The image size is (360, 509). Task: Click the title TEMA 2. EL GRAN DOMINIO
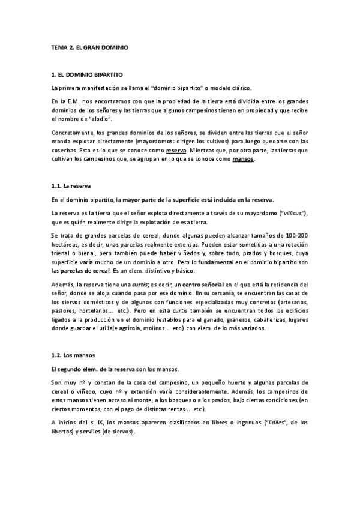[x=90, y=46]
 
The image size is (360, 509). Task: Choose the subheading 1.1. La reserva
[x=71, y=187]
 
